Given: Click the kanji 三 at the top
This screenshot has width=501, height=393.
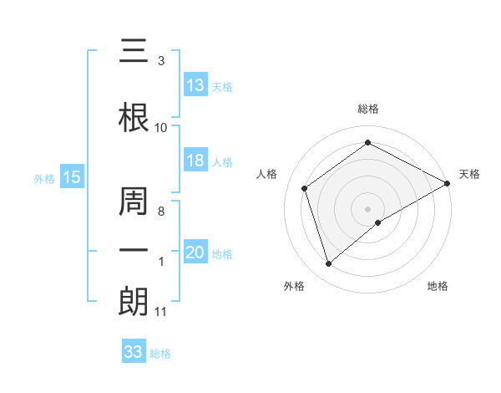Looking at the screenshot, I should tap(134, 52).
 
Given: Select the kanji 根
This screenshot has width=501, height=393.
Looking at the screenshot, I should tap(134, 119).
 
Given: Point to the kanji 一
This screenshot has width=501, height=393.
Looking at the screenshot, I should tap(134, 251).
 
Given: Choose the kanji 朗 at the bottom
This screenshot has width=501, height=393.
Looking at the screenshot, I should tap(134, 302).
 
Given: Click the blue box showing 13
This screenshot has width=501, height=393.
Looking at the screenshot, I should tap(195, 85).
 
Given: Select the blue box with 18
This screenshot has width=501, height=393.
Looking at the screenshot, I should tap(195, 161).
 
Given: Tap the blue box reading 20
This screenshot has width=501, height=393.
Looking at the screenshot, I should tap(195, 253).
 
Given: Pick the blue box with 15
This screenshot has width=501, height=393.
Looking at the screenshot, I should tap(71, 177).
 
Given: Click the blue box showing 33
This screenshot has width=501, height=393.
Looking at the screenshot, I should tap(134, 352).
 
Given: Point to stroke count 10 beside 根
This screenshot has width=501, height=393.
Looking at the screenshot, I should tap(161, 128).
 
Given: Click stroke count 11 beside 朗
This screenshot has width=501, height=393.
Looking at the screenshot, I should tap(161, 312).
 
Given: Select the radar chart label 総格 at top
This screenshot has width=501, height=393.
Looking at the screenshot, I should tap(367, 109).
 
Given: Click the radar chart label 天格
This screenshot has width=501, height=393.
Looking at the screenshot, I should tap(469, 174).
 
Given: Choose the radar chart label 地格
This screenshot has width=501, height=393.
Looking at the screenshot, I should tap(438, 286).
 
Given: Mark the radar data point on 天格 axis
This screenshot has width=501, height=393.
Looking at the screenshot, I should tap(448, 182).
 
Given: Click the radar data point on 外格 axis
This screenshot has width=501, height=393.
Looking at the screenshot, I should tap(329, 264).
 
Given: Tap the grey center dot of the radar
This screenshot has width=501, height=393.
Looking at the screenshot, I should tap(367, 208).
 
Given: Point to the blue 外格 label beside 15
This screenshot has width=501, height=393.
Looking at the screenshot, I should tap(43, 178).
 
